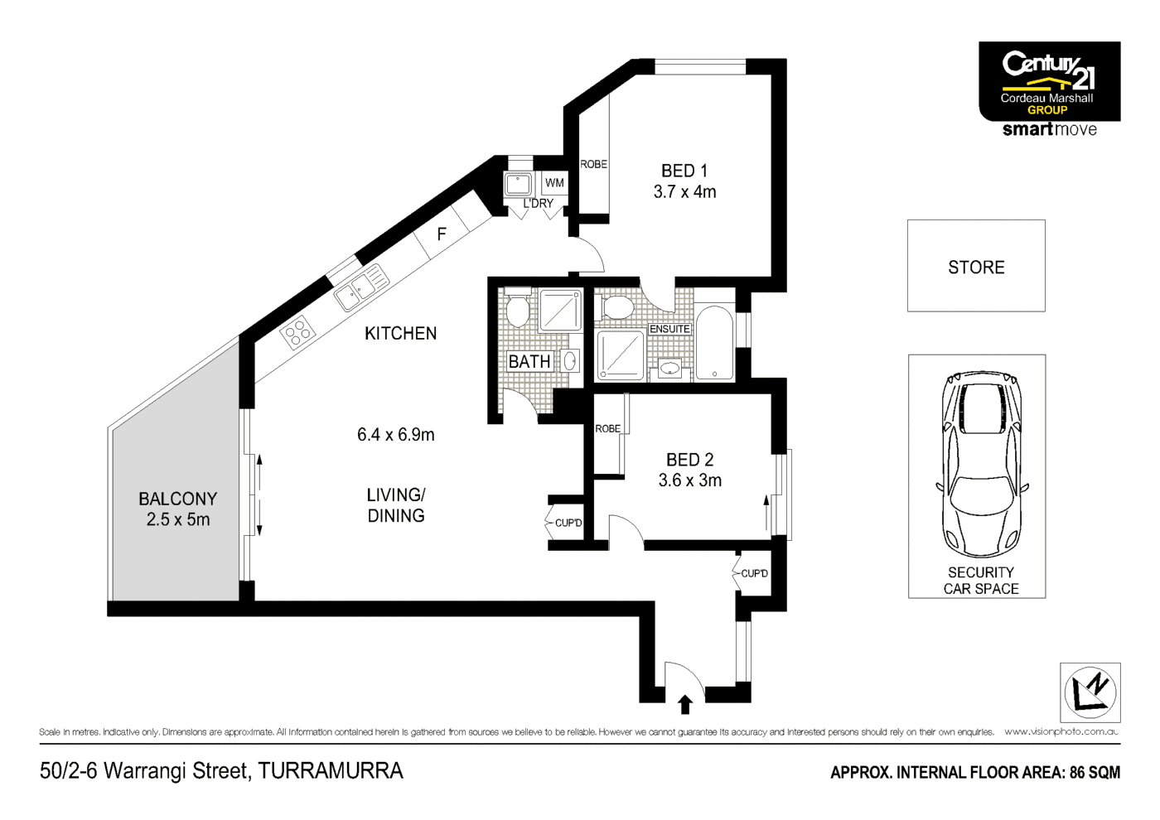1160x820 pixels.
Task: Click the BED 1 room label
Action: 684,171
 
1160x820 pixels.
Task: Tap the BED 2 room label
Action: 689,460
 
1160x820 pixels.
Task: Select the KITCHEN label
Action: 400,334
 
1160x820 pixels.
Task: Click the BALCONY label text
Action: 177,499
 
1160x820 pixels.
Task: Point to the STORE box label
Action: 976,268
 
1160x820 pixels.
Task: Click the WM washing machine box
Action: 554,183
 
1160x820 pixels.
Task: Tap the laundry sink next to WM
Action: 518,184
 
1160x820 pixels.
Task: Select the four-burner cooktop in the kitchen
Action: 297,333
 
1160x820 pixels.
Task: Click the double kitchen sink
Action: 361,286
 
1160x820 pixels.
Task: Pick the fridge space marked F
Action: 442,234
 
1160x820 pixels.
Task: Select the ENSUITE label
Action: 669,329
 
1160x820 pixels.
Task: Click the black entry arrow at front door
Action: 685,704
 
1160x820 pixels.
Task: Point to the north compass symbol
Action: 1090,692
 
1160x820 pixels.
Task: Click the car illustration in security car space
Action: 979,464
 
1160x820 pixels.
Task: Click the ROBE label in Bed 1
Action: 593,164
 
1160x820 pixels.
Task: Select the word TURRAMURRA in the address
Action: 331,771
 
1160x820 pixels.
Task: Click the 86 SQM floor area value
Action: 1095,773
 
